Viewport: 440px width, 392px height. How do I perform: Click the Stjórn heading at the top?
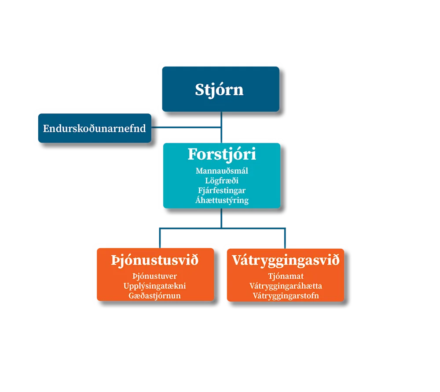219,90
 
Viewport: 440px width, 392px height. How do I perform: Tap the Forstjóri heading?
222,155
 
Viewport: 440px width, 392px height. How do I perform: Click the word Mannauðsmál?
222,171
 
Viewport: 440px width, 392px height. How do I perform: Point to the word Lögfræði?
222,180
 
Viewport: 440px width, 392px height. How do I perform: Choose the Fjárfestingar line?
222,190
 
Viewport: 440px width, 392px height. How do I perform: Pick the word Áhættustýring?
222,200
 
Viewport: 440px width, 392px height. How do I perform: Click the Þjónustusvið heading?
155,261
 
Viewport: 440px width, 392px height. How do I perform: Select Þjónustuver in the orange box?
155,276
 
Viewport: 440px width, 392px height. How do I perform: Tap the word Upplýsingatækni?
155,286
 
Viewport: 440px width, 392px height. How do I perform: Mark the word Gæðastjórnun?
155,295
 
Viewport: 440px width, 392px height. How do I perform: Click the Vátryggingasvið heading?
286,261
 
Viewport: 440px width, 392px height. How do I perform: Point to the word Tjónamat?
286,276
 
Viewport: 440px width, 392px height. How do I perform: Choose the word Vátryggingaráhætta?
286,286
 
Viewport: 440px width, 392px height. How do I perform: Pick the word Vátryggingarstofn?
286,295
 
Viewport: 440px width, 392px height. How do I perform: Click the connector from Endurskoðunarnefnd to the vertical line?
185,128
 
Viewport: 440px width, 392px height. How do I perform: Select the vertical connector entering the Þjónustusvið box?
160,238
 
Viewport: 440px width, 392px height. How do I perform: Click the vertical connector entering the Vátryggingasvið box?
285,238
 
